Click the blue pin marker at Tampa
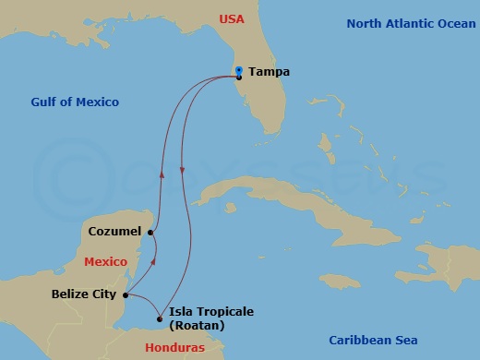click(x=239, y=72)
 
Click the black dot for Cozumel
click(x=150, y=234)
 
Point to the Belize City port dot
click(x=126, y=295)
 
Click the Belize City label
click(x=84, y=294)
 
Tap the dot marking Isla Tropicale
click(x=160, y=319)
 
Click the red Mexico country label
click(x=103, y=262)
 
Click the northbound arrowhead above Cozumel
click(x=162, y=173)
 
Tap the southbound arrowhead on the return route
click(x=183, y=171)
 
